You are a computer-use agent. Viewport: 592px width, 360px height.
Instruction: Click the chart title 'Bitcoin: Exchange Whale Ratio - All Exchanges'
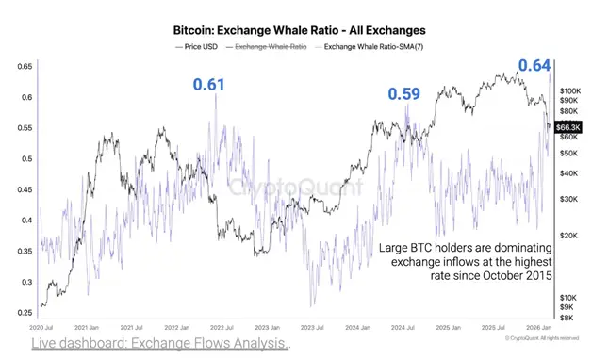[294, 30]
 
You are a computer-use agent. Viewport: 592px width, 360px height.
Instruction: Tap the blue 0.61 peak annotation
[208, 86]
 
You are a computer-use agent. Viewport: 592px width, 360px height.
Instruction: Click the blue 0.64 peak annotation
[534, 65]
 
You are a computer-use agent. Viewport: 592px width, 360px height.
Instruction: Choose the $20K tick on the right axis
[568, 237]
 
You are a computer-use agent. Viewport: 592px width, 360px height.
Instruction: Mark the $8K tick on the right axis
[568, 319]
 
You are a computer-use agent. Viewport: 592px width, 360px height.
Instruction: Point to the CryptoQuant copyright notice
[547, 337]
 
